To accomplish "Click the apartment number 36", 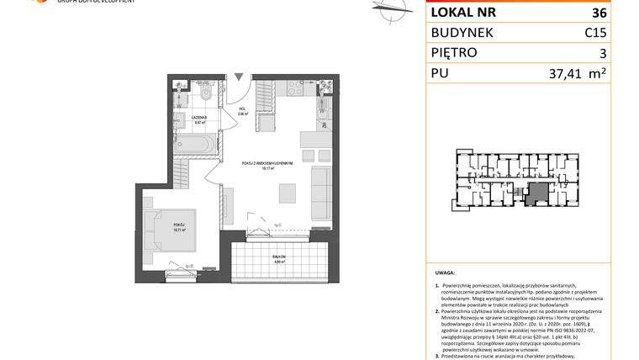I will (599, 13).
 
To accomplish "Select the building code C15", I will (595, 33).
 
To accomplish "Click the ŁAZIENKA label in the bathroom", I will (200, 119).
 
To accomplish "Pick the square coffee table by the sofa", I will (288, 192).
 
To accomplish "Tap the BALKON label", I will (278, 258).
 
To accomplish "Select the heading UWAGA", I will (446, 273).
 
